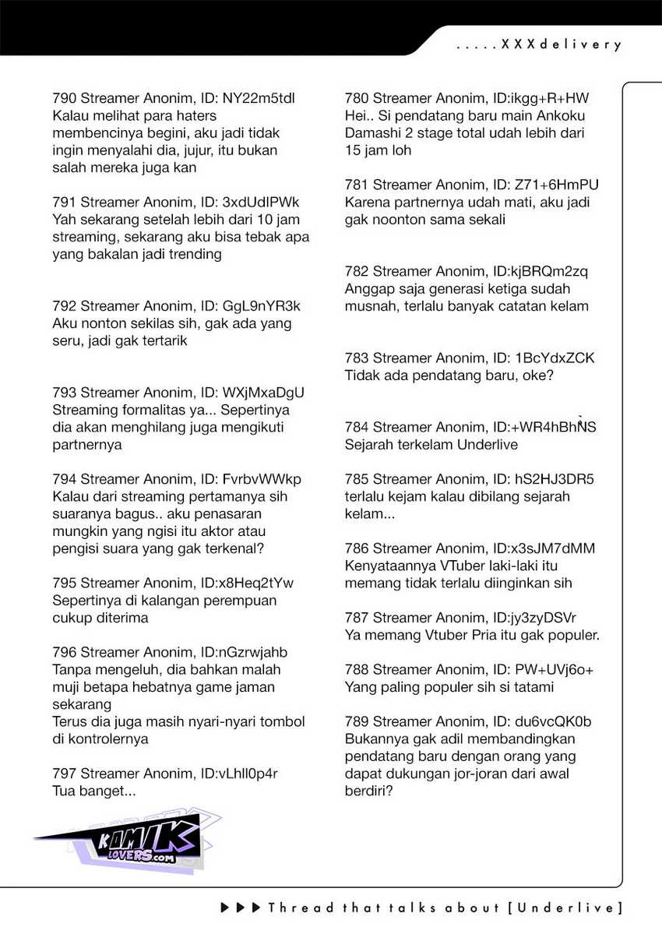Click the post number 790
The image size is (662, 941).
(64, 99)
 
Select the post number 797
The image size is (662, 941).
(64, 774)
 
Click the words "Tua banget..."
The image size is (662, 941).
(94, 791)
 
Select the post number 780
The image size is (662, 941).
(357, 99)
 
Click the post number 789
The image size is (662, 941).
(357, 721)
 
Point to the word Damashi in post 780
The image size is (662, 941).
(372, 133)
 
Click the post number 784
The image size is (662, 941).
(357, 427)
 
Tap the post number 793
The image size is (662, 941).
(64, 393)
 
